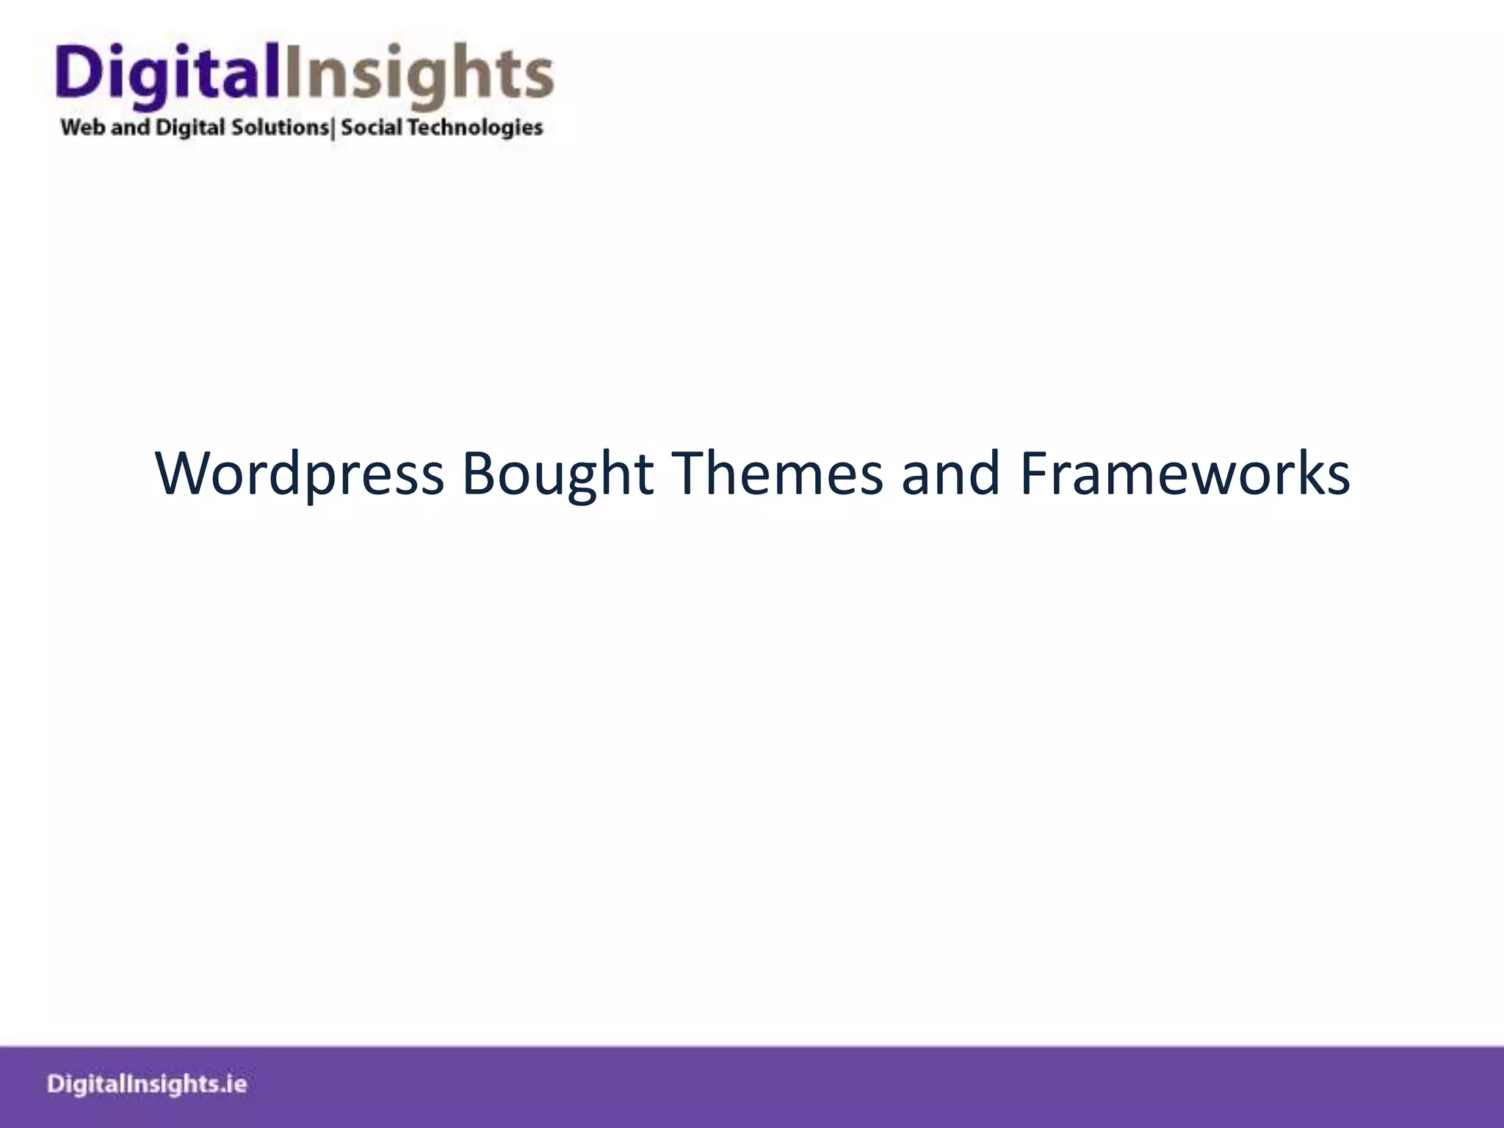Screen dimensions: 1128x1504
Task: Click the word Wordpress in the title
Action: [300, 474]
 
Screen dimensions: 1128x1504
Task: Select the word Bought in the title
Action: [557, 474]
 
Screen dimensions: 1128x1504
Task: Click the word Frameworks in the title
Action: [1185, 474]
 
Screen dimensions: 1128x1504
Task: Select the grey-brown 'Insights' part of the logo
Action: [418, 74]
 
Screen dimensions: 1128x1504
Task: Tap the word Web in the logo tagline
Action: [83, 128]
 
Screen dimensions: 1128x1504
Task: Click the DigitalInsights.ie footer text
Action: [147, 1085]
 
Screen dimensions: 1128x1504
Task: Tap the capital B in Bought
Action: [477, 474]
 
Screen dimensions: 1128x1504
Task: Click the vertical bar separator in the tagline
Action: [334, 129]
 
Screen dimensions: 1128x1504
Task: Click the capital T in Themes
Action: [686, 474]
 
